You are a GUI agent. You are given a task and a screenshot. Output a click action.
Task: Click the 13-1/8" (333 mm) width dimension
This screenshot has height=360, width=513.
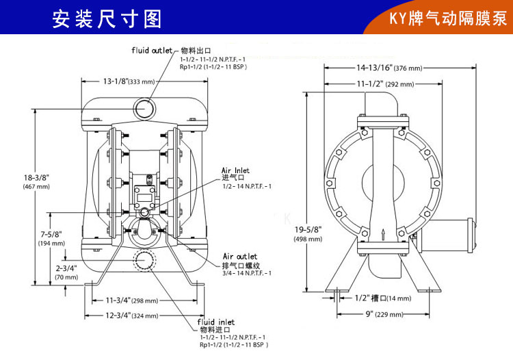click(x=129, y=81)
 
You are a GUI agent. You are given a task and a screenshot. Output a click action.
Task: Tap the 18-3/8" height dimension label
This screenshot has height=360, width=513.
click(x=36, y=181)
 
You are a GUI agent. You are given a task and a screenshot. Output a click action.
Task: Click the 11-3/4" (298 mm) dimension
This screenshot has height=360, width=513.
click(x=132, y=300)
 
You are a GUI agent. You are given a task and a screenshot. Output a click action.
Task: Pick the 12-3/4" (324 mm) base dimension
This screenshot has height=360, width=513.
click(x=132, y=316)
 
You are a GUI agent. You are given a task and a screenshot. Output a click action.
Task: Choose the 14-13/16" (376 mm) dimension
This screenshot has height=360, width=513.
click(x=389, y=68)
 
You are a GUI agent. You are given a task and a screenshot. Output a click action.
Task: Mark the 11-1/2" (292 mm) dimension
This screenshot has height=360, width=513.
click(x=385, y=83)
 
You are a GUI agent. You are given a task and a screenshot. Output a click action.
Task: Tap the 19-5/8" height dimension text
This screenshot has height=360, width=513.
click(x=308, y=234)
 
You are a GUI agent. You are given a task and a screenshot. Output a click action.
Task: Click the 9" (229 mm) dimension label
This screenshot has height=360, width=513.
click(x=384, y=314)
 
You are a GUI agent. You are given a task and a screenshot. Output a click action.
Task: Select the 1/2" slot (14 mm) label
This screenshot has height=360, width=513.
click(x=383, y=298)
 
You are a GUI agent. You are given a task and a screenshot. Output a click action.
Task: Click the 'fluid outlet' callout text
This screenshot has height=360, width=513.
click(x=152, y=51)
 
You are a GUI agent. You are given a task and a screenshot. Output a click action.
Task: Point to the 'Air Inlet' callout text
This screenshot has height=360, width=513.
click(x=235, y=170)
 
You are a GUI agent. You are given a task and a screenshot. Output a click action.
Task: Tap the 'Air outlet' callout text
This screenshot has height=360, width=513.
click(x=240, y=256)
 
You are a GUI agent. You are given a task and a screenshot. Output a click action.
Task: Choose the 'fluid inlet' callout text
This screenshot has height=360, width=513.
click(x=216, y=322)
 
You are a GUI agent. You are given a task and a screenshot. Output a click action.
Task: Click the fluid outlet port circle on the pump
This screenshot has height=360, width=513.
click(x=144, y=108)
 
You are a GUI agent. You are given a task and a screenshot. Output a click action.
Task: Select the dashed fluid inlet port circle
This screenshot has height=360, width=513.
click(x=144, y=260)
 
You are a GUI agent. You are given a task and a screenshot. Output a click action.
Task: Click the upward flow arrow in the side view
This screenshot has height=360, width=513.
click(x=383, y=235)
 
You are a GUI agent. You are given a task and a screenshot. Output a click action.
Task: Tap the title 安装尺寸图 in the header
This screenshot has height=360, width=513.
click(x=107, y=18)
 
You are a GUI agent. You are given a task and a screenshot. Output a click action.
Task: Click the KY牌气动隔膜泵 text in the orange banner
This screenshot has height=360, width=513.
click(x=448, y=18)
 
